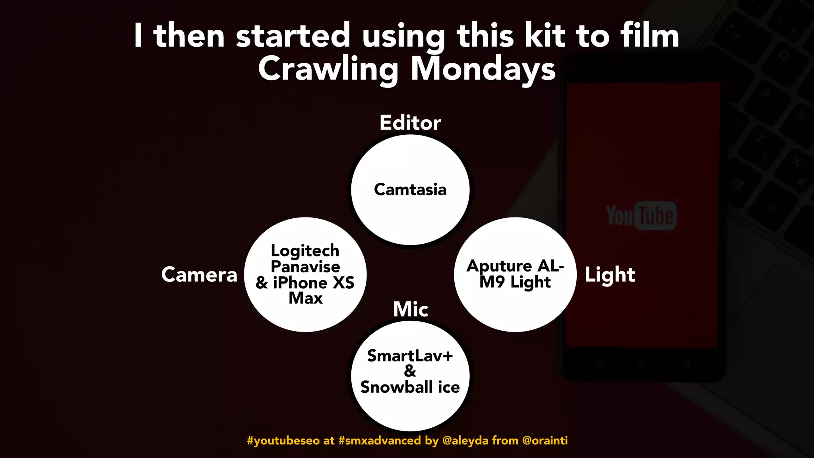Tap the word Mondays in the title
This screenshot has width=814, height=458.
coord(483,69)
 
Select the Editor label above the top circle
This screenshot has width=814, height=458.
coord(410,122)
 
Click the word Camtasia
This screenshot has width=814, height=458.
coord(410,190)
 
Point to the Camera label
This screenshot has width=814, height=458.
coord(199,275)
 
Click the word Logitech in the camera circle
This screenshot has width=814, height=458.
coord(305,250)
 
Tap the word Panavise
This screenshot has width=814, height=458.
coord(305,266)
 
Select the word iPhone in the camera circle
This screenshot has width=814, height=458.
coord(300,283)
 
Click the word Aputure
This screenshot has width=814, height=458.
coord(499,266)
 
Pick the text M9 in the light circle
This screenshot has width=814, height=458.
coord(492,282)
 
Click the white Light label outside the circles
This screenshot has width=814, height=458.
coord(610,275)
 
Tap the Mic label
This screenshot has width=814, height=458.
coord(411,309)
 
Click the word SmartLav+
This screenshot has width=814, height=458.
coord(410,356)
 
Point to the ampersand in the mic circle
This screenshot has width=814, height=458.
coord(410,371)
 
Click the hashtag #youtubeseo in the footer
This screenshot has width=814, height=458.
coord(283,441)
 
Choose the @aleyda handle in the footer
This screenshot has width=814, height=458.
coord(465,441)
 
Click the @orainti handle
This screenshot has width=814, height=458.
coord(545,441)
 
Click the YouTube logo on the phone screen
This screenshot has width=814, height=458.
coord(641,215)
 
